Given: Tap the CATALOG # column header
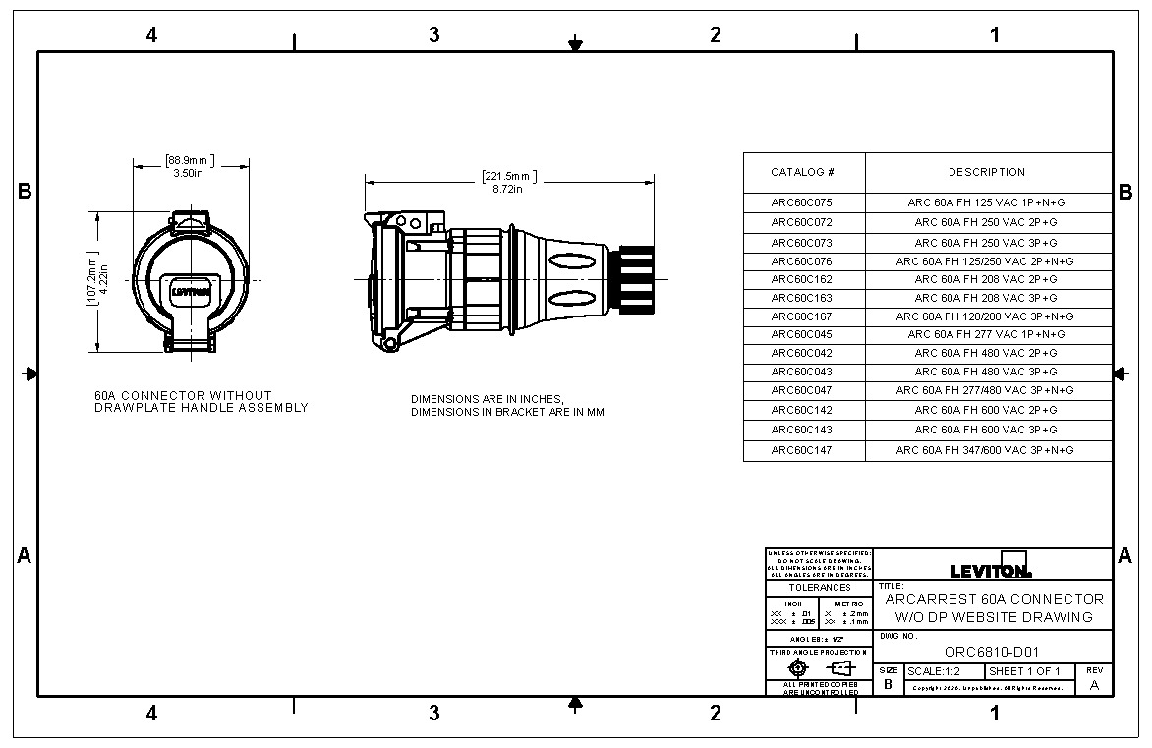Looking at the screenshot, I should click(802, 172).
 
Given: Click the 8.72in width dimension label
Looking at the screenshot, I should click(508, 189).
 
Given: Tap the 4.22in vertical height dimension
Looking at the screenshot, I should click(103, 277).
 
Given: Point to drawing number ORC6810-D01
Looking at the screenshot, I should click(991, 651).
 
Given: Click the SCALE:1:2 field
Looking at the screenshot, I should click(933, 671).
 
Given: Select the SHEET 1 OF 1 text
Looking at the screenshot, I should click(1024, 671).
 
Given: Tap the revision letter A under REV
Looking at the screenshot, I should click(1094, 686).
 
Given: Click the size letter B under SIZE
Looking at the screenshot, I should click(888, 683).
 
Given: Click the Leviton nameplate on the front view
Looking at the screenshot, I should click(192, 291).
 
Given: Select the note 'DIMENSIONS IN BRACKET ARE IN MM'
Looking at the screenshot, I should click(507, 413).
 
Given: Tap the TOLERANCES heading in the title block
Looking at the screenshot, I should click(820, 588).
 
